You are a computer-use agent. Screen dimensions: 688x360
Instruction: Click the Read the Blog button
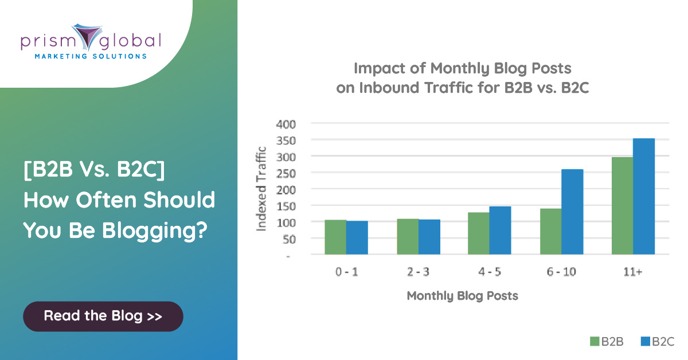[103, 316]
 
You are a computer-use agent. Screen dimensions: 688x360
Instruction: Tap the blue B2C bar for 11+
[644, 196]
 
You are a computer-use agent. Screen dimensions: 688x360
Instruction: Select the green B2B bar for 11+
[622, 206]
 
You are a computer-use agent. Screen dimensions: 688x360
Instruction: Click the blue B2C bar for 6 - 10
[572, 212]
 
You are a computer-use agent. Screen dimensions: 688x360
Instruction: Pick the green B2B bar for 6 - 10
[551, 232]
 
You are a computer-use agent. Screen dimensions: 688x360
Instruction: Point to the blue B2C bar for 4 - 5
[500, 230]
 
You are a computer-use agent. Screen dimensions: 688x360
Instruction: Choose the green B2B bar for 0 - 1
[335, 237]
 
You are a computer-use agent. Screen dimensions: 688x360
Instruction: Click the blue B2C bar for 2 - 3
[429, 237]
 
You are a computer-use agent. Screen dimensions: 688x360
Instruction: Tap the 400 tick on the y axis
[286, 124]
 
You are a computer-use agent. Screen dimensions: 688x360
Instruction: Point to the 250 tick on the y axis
[286, 174]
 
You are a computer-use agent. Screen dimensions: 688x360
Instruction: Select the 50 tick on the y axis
[289, 239]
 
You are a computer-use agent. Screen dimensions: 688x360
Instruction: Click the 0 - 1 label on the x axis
[346, 272]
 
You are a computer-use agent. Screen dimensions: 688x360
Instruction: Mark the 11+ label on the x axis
[633, 272]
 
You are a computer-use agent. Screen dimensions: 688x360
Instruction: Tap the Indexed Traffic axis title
[261, 189]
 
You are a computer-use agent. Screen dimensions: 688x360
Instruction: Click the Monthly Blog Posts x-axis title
[462, 296]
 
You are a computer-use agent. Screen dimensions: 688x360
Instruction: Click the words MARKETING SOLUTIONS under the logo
[91, 56]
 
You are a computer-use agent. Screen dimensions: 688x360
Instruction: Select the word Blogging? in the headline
[155, 230]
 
